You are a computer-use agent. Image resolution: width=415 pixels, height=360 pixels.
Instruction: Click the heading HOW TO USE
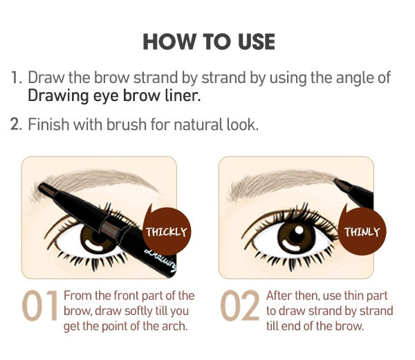[x=209, y=42]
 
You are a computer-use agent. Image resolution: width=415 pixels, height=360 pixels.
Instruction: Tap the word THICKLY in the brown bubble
[x=167, y=232]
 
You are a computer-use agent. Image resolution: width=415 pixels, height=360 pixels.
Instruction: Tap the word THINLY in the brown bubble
[x=362, y=232]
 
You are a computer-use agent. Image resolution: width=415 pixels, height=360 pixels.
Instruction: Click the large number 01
[x=39, y=305]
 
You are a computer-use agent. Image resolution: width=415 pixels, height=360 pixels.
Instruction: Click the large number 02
[x=239, y=305]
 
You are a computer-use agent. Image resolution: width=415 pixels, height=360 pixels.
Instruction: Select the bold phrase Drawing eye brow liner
[x=114, y=96]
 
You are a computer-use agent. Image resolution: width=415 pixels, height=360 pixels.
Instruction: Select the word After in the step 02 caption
[x=279, y=296]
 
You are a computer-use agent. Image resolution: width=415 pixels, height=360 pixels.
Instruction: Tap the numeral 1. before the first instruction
[x=17, y=78]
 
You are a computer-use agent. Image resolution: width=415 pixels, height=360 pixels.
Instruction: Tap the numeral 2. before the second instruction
[x=16, y=124]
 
